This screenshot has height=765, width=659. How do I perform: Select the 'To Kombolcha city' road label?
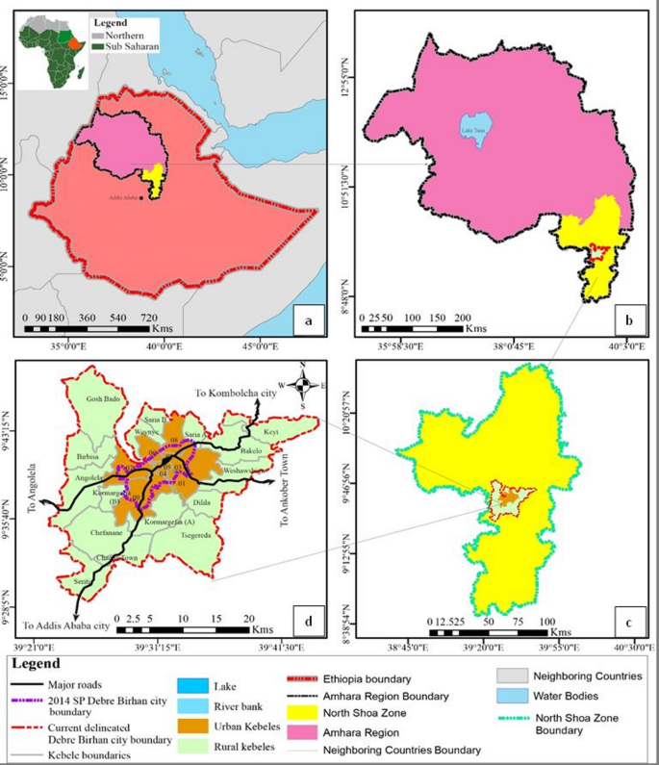click(234, 394)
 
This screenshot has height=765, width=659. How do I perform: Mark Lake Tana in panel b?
click(471, 132)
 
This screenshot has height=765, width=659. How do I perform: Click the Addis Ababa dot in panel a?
click(141, 199)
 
